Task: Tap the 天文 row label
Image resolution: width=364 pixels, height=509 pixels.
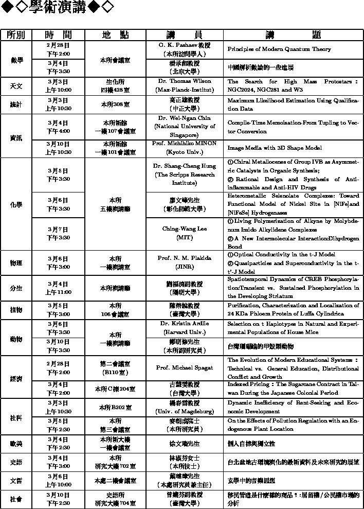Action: tap(16, 85)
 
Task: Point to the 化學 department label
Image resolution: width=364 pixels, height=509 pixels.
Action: tap(16, 204)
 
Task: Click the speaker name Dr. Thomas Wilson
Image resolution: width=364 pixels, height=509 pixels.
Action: tap(184, 81)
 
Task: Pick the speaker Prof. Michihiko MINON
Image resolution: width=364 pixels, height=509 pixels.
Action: tap(184, 143)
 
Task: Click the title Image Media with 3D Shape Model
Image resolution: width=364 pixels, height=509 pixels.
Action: tap(275, 148)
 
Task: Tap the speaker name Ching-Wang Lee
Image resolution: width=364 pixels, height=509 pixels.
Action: tap(184, 229)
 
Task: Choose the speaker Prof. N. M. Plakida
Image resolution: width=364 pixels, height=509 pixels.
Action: tap(184, 258)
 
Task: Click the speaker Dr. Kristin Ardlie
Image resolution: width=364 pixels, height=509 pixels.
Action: tap(184, 324)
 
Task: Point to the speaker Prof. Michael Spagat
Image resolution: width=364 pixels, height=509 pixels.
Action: tap(184, 368)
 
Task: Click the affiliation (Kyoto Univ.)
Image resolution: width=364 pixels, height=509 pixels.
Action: tap(184, 152)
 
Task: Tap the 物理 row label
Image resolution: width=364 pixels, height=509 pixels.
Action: tap(16, 263)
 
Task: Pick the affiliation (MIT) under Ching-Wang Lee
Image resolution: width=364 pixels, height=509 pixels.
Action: tap(184, 238)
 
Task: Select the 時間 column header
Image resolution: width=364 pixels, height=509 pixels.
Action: tap(58, 34)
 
